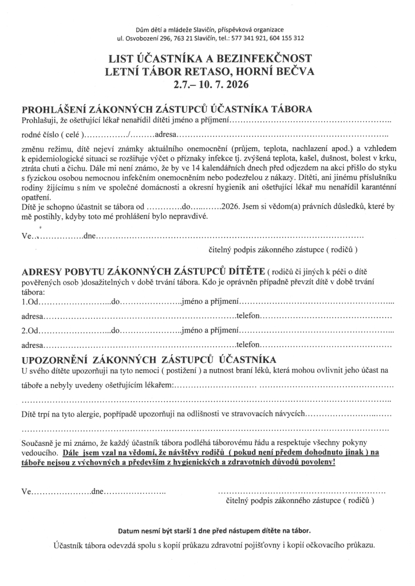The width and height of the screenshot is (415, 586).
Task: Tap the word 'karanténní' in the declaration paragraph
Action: click(372, 188)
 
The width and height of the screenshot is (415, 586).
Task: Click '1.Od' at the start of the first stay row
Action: click(30, 301)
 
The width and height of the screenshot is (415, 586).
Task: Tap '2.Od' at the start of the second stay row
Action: click(30, 331)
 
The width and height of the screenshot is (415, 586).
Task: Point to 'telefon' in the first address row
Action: click(248, 316)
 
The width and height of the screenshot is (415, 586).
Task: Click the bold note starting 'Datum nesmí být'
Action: click(214, 530)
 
